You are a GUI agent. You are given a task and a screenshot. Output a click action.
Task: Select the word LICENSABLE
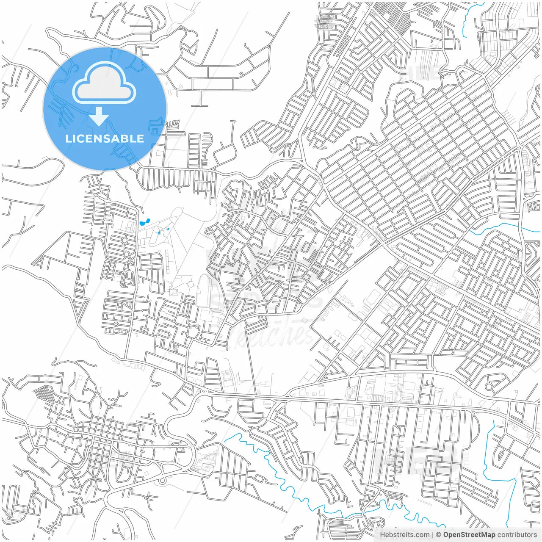[105, 138]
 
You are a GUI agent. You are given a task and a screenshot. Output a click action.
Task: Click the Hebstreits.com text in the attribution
[404, 535]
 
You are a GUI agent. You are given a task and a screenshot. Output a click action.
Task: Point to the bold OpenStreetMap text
[469, 535]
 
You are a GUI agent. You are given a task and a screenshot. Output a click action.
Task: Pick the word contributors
[517, 535]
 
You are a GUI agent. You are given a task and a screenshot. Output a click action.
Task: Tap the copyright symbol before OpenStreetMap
[439, 535]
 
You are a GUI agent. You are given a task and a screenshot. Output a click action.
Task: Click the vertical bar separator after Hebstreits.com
[433, 535]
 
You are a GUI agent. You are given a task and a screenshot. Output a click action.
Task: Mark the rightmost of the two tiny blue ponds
[168, 229]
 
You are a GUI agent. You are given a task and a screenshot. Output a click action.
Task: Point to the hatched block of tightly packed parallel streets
[42, 394]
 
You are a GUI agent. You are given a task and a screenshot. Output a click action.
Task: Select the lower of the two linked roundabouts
[126, 254]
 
